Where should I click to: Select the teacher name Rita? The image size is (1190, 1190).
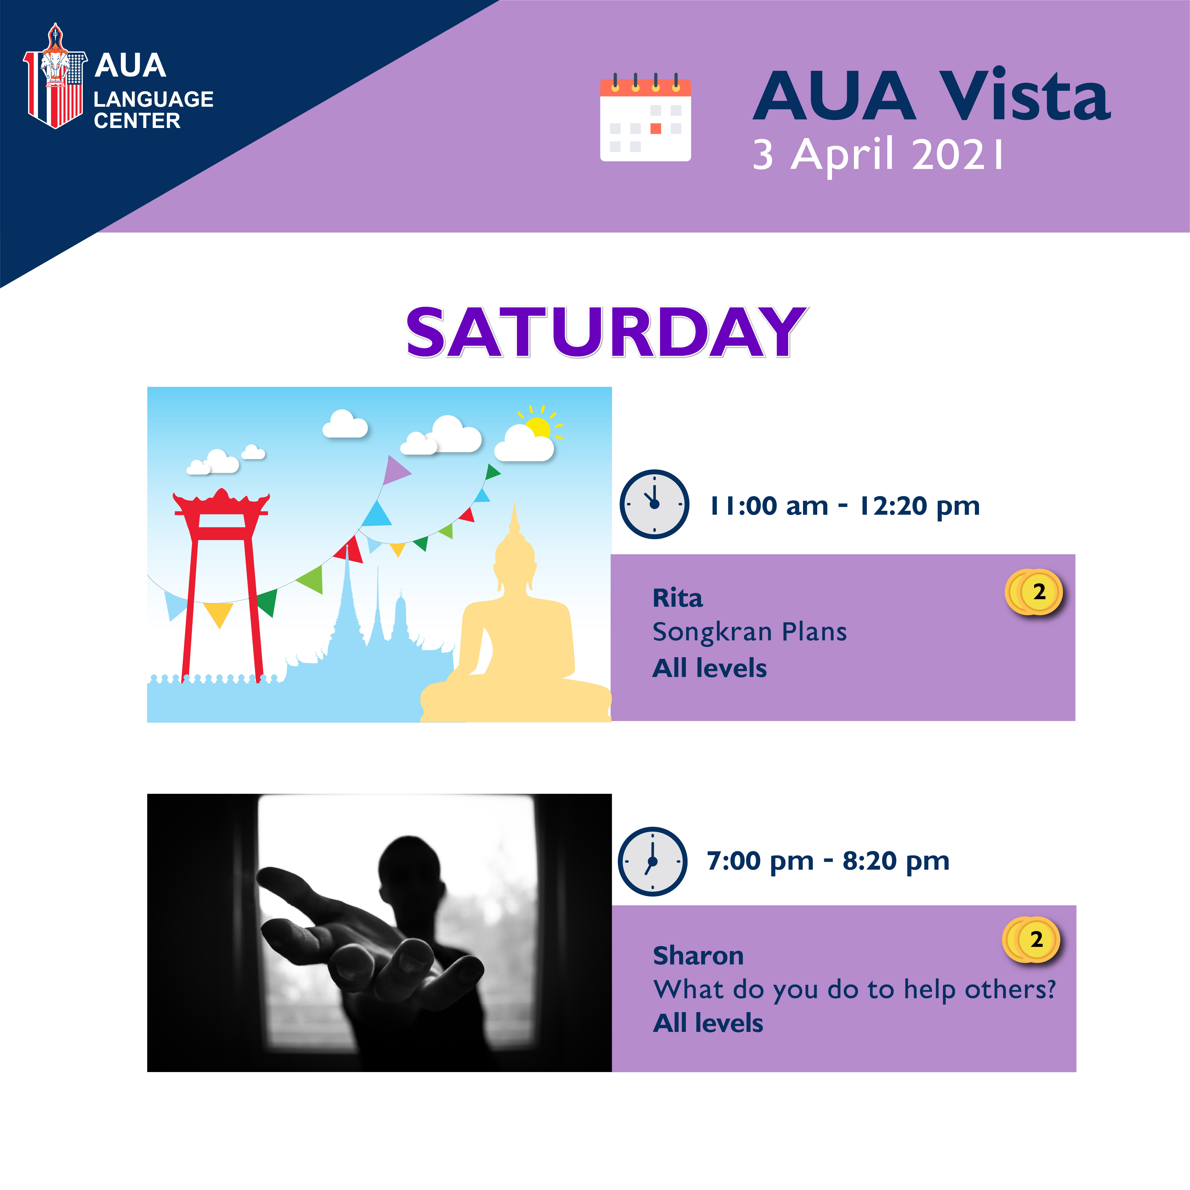(678, 598)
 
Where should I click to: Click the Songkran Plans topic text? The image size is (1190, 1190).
(749, 632)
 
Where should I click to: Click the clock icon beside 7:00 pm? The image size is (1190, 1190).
(652, 861)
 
